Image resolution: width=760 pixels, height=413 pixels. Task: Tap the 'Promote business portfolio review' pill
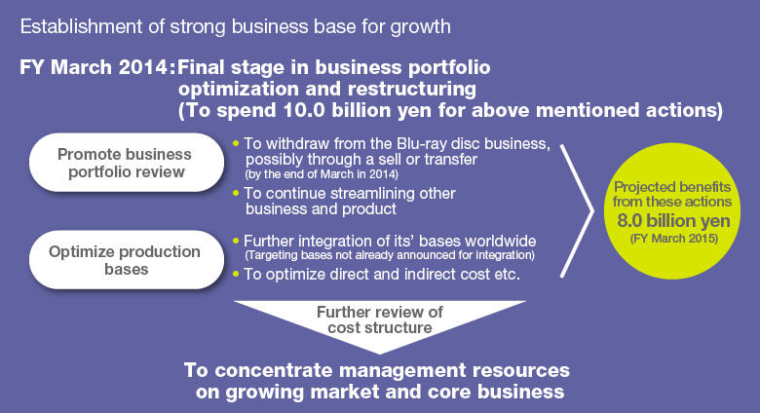pyautogui.click(x=127, y=163)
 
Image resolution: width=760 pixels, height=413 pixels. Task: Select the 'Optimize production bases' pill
pyautogui.click(x=127, y=260)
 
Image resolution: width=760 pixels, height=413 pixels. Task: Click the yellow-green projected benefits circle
pyautogui.click(x=672, y=210)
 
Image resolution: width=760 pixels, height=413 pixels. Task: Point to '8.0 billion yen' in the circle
pyautogui.click(x=673, y=220)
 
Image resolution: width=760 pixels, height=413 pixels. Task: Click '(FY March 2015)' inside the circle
pyautogui.click(x=673, y=239)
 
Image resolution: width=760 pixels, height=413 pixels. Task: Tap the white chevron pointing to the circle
pyautogui.click(x=577, y=210)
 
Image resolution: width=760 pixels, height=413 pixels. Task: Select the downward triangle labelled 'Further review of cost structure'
pyautogui.click(x=380, y=319)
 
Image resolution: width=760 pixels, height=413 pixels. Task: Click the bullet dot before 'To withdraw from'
pyautogui.click(x=236, y=143)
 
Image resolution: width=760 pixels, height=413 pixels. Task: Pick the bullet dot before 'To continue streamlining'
pyautogui.click(x=236, y=193)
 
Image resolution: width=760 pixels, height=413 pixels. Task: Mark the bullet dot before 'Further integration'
pyautogui.click(x=236, y=241)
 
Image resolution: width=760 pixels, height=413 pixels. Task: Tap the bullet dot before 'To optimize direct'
pyautogui.click(x=236, y=274)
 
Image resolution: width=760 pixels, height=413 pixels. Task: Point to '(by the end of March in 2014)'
pyautogui.click(x=322, y=174)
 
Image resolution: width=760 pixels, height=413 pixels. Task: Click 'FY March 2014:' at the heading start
pyautogui.click(x=96, y=67)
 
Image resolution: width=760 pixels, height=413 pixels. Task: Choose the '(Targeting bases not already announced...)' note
pyautogui.click(x=390, y=255)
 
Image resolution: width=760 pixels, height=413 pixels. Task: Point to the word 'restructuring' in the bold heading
pyautogui.click(x=412, y=90)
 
